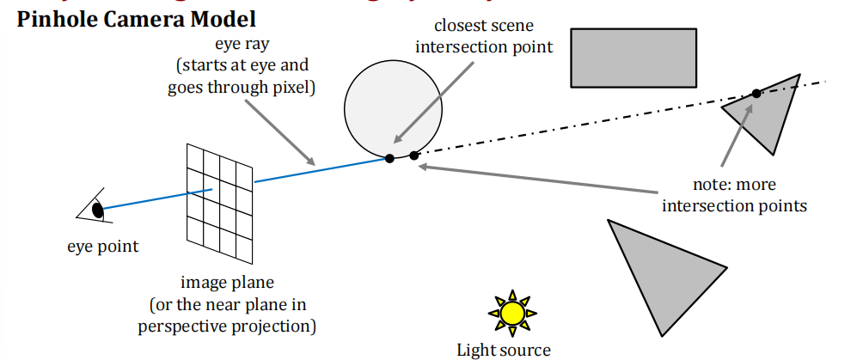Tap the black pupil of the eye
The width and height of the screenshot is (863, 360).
tap(98, 208)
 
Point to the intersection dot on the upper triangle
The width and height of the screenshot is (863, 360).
tap(756, 94)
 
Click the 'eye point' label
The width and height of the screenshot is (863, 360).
tap(102, 247)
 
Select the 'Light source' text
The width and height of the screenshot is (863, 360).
tap(504, 349)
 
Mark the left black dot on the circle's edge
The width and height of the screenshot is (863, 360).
tap(389, 157)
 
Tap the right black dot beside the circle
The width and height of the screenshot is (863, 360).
tap(414, 156)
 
